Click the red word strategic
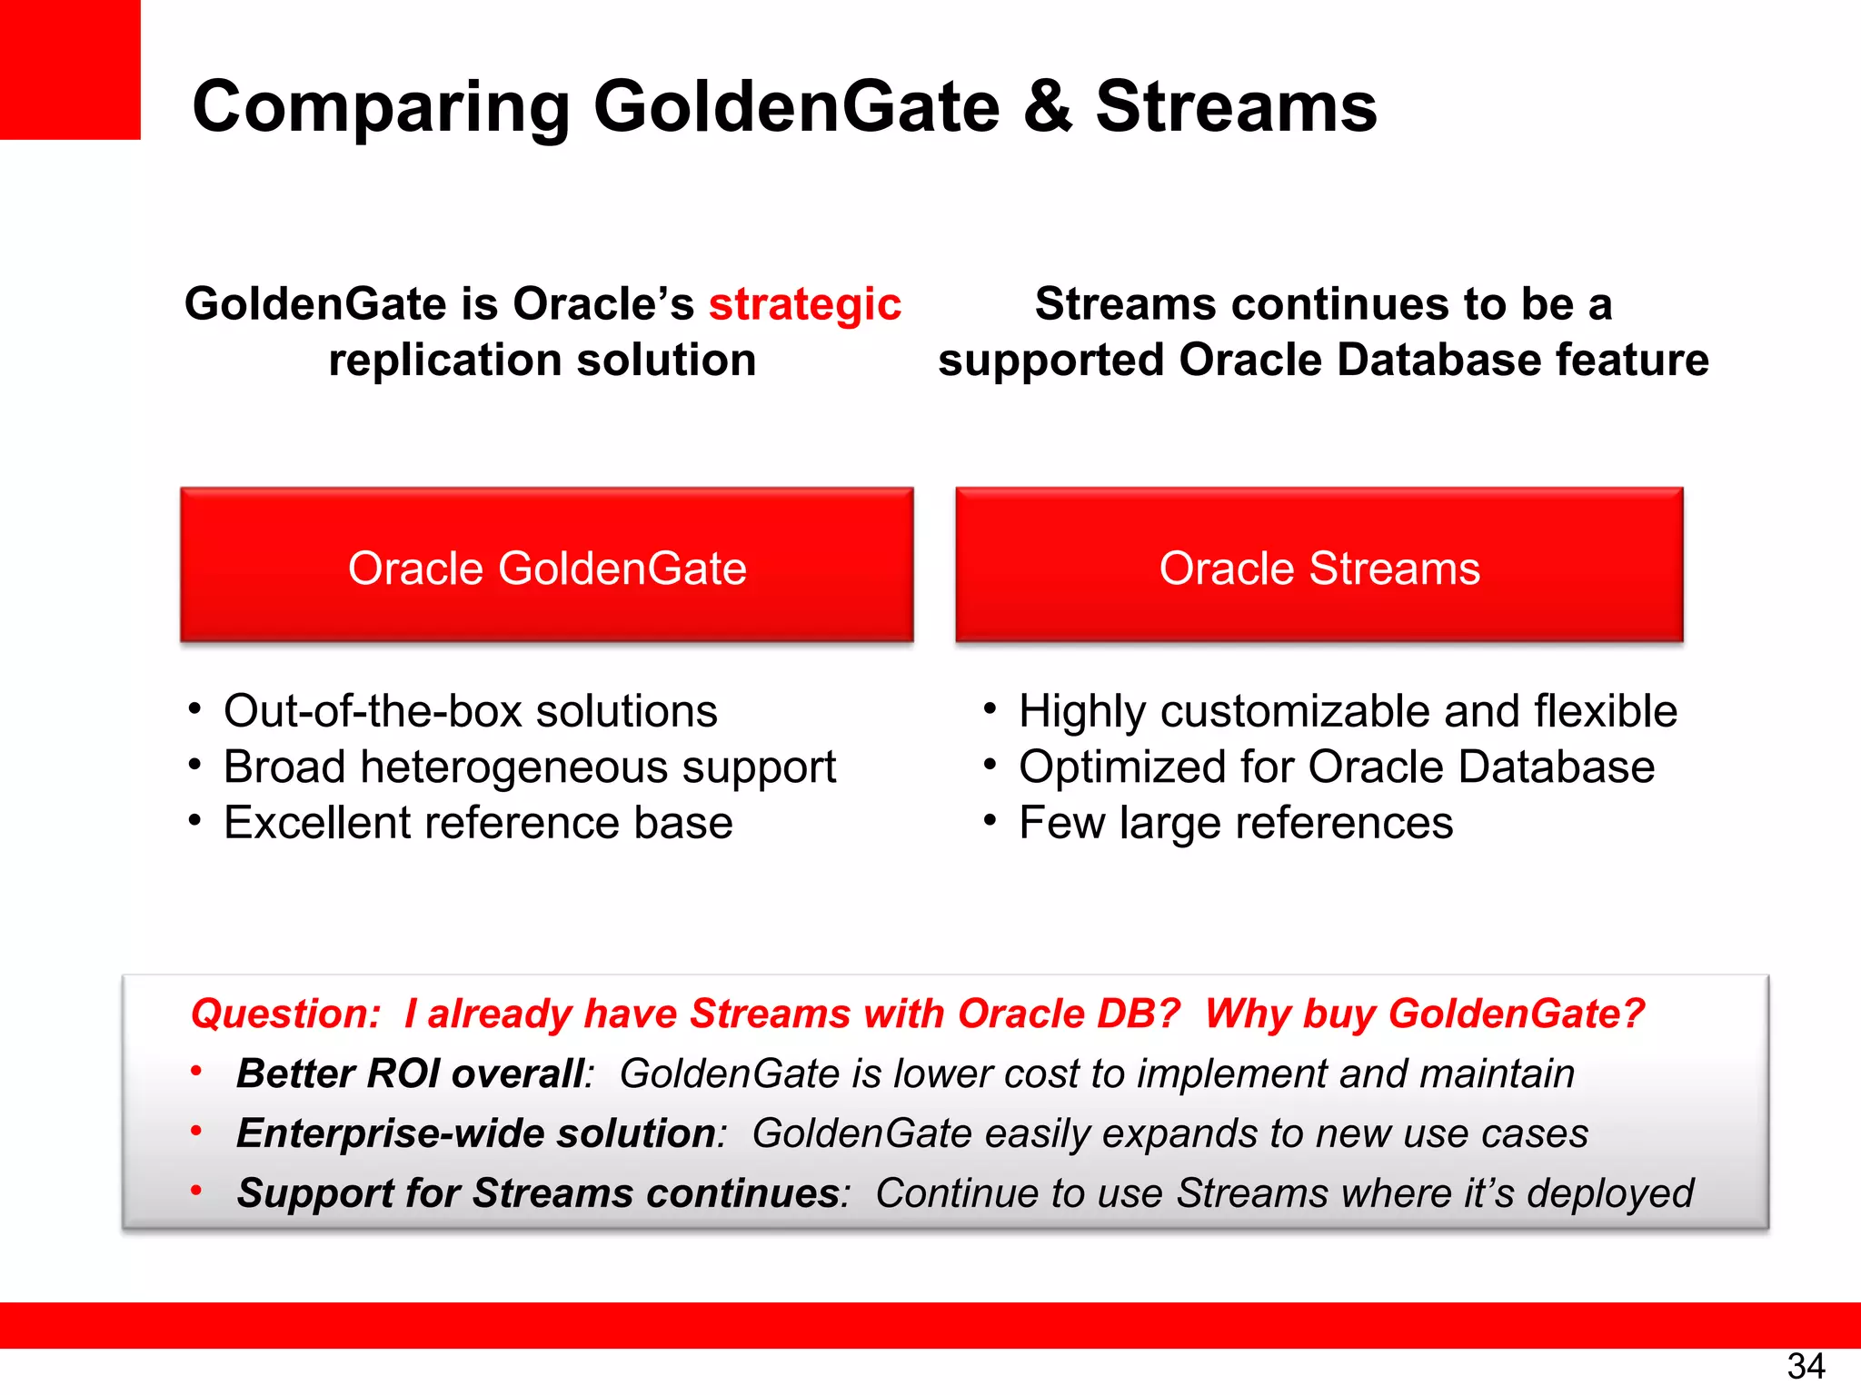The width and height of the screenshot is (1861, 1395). click(804, 304)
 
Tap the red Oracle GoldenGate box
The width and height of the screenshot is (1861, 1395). click(547, 565)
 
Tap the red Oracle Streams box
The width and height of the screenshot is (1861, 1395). click(1319, 565)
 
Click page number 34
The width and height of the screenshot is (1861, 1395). click(1805, 1366)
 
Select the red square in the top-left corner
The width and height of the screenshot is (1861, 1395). click(69, 69)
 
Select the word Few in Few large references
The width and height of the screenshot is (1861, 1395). click(1060, 823)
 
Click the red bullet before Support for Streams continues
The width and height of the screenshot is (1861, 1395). click(195, 1191)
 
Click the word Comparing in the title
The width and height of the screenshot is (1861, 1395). click(381, 107)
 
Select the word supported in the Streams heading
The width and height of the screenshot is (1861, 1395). click(1050, 361)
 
